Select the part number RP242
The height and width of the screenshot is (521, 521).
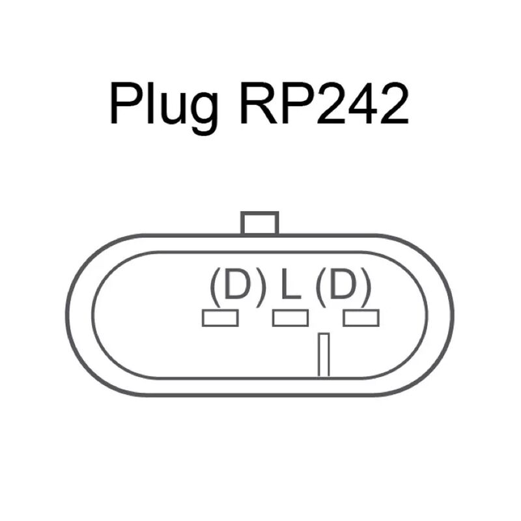point(324,103)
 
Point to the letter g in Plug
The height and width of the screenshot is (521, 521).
point(204,113)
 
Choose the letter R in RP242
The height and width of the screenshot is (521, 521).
point(259,103)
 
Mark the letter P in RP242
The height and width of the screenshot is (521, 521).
point(298,103)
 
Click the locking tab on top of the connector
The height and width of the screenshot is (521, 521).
point(259,223)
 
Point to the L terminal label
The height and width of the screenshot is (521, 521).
point(290,283)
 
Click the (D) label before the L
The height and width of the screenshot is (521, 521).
point(238,287)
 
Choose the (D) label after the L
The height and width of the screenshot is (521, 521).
point(344,287)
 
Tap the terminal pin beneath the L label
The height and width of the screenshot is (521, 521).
point(290,318)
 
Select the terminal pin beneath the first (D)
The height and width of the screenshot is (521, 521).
point(220,318)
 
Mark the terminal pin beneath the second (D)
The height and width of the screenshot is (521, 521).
point(361,318)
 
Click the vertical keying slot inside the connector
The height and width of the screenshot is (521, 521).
point(324,354)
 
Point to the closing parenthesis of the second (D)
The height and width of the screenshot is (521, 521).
point(366,287)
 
